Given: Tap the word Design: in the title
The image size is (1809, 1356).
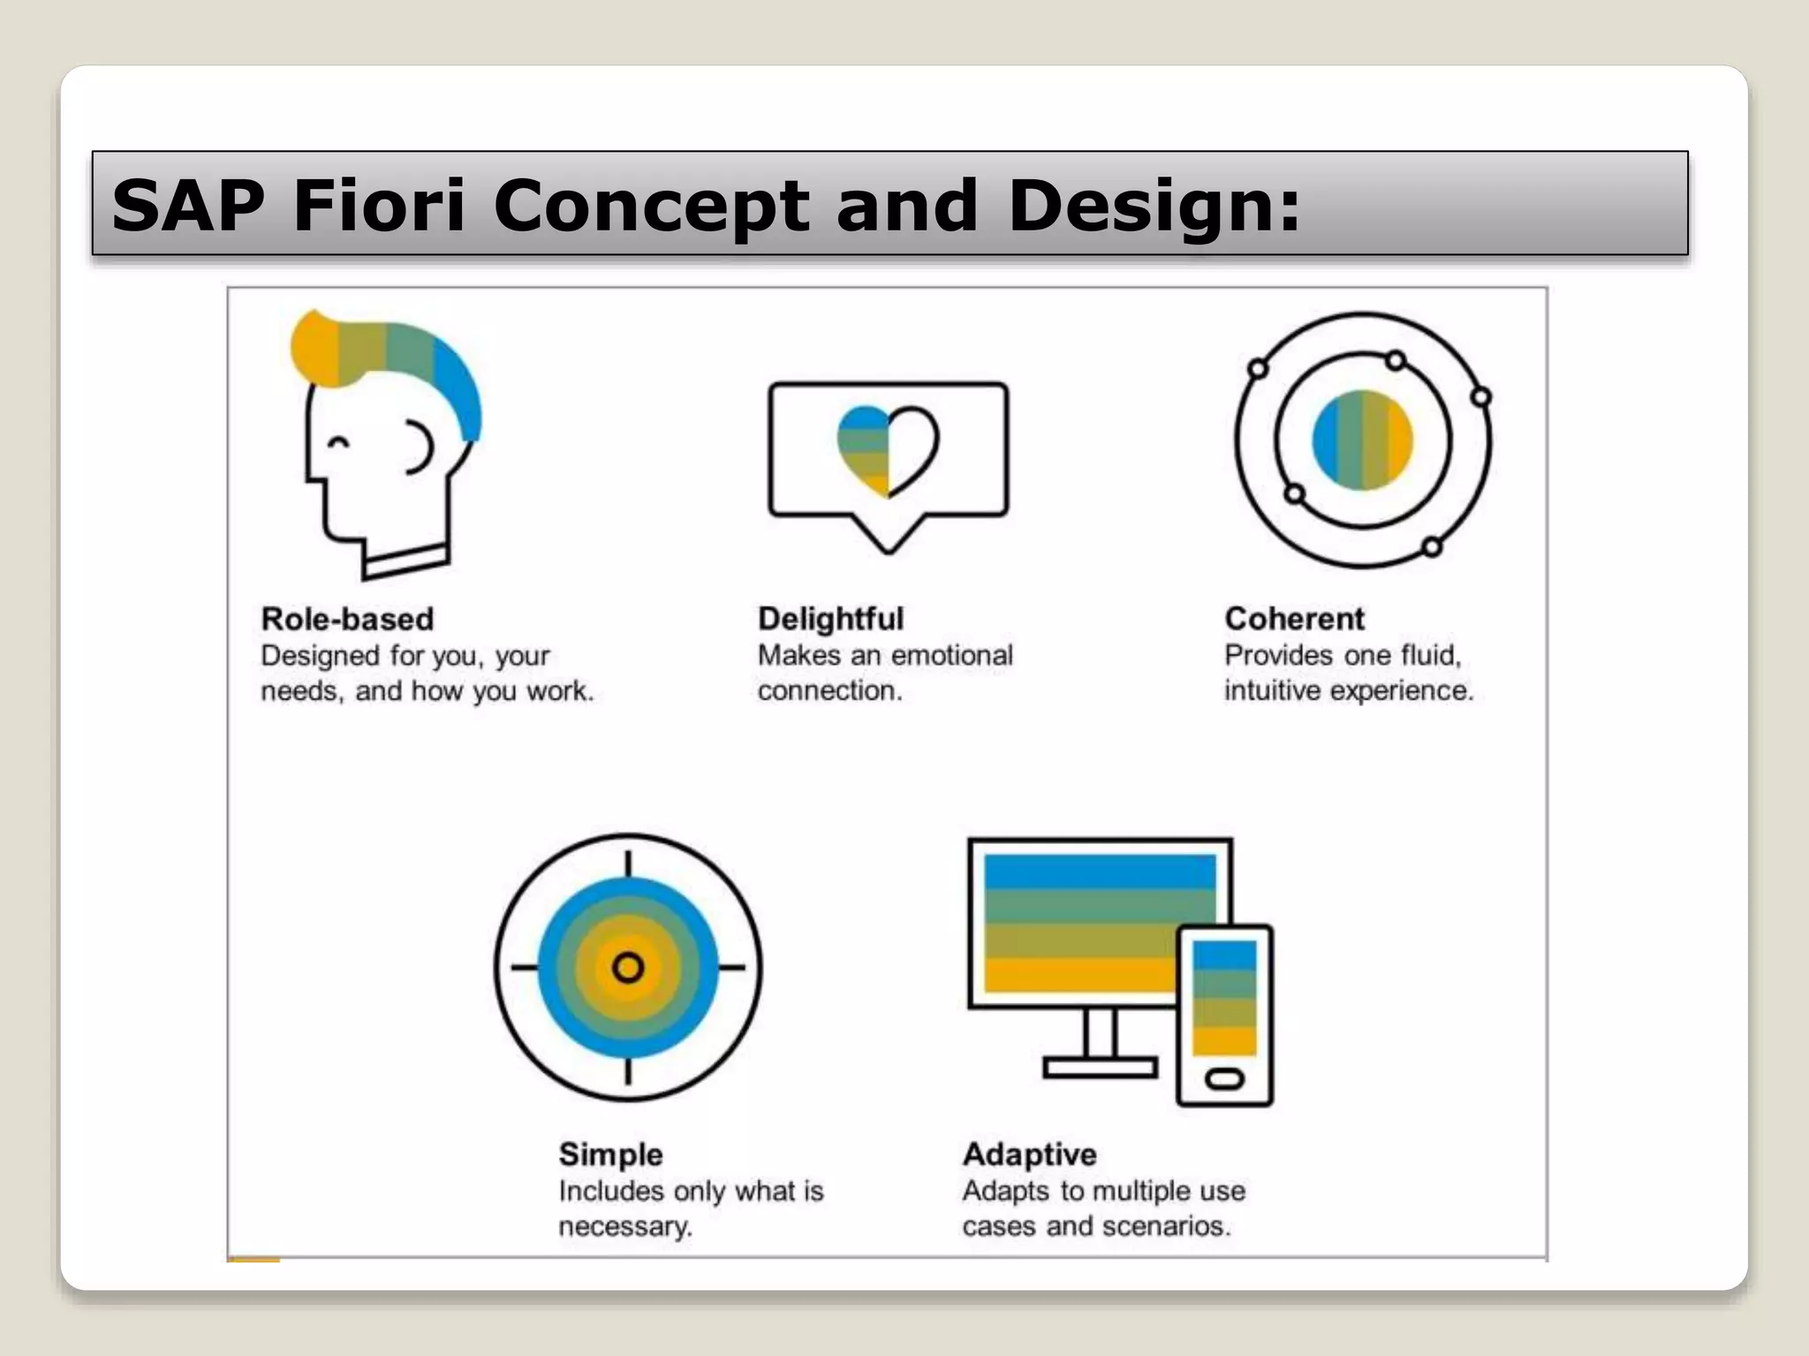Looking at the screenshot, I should pos(1154,207).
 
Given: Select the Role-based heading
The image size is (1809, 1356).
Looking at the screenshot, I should pos(347,619).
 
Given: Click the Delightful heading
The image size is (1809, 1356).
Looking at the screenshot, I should pos(830,619).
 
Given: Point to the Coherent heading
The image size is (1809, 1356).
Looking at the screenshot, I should pos(1294,619).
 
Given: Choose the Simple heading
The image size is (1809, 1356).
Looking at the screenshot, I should pos(610,1154).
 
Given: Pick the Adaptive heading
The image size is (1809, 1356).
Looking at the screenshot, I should pos(1029,1154).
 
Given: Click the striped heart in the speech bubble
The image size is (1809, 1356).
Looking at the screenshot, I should pos(887,450).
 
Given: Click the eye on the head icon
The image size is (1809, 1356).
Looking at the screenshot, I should pos(338,442).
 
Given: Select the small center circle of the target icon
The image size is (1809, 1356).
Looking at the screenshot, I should pos(628,968).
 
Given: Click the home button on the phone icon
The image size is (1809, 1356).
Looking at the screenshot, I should pos(1224,1079).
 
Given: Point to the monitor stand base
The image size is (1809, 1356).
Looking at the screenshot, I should pos(1100,1068).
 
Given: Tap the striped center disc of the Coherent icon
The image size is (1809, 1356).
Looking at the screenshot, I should pos(1362,440).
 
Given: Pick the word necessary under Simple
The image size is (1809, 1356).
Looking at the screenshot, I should pos(624,1226).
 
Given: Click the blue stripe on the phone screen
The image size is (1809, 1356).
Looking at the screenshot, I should pos(1224,955).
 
